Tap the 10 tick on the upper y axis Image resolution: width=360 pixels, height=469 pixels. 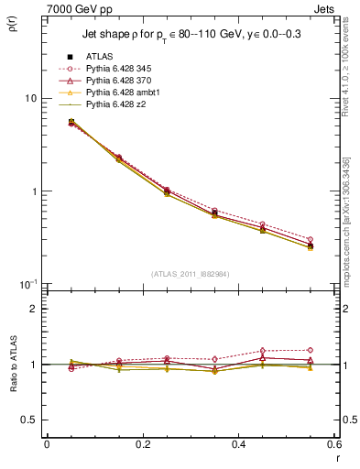[31, 99]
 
